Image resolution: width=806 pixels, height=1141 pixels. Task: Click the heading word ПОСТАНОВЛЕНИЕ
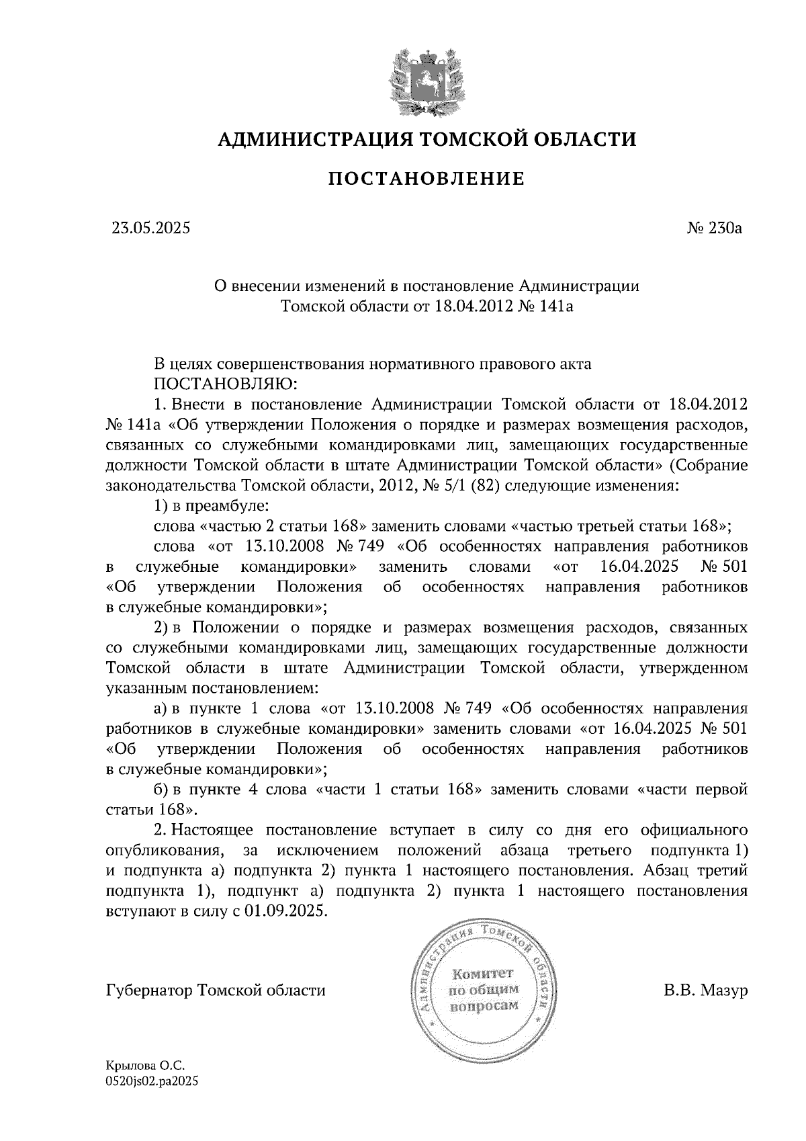426,179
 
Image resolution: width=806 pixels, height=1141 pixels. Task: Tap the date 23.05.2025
151,228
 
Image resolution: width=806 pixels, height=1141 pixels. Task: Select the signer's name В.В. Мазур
705,990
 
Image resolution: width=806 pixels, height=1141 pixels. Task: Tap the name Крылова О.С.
144,1066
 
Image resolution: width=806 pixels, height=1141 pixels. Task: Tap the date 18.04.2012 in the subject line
468,306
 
